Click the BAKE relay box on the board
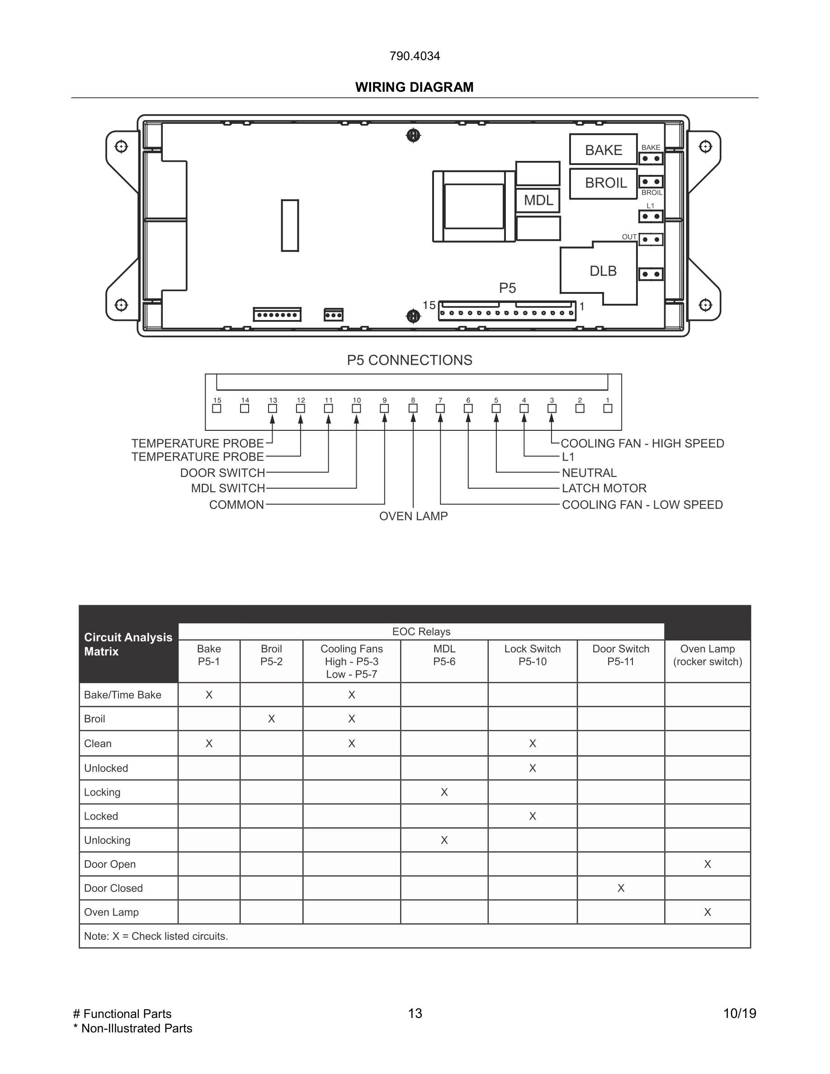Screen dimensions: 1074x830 [x=604, y=150]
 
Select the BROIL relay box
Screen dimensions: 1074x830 [x=604, y=184]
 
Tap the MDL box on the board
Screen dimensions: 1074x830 [x=538, y=200]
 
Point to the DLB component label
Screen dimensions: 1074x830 [x=603, y=271]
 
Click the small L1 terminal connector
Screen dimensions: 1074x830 [x=651, y=217]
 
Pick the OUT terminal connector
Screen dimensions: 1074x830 [x=651, y=240]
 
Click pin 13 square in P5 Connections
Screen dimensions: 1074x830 [x=273, y=409]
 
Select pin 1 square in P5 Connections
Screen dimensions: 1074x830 [x=608, y=409]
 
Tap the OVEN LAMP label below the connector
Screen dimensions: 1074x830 [x=413, y=516]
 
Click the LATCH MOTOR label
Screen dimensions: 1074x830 [x=604, y=488]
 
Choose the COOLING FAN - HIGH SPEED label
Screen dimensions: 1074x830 [x=642, y=443]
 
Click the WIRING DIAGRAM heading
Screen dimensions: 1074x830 [x=414, y=87]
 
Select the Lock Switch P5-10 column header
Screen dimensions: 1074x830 [x=532, y=655]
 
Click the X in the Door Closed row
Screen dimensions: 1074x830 [x=621, y=888]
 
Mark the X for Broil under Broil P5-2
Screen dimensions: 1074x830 [x=271, y=719]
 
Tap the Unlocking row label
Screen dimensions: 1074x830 [x=107, y=840]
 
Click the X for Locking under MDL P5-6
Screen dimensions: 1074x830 [x=444, y=792]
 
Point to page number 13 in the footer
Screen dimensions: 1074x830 [x=415, y=1013]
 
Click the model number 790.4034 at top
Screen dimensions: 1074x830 [x=414, y=56]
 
